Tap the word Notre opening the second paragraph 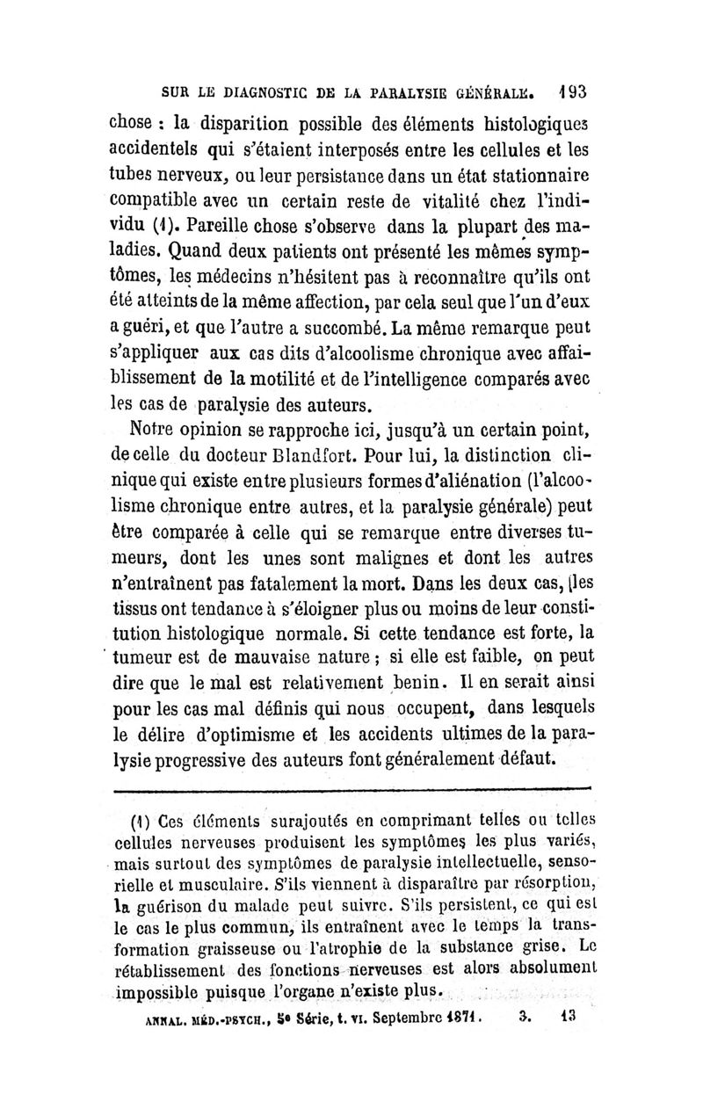pyautogui.click(x=158, y=431)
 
